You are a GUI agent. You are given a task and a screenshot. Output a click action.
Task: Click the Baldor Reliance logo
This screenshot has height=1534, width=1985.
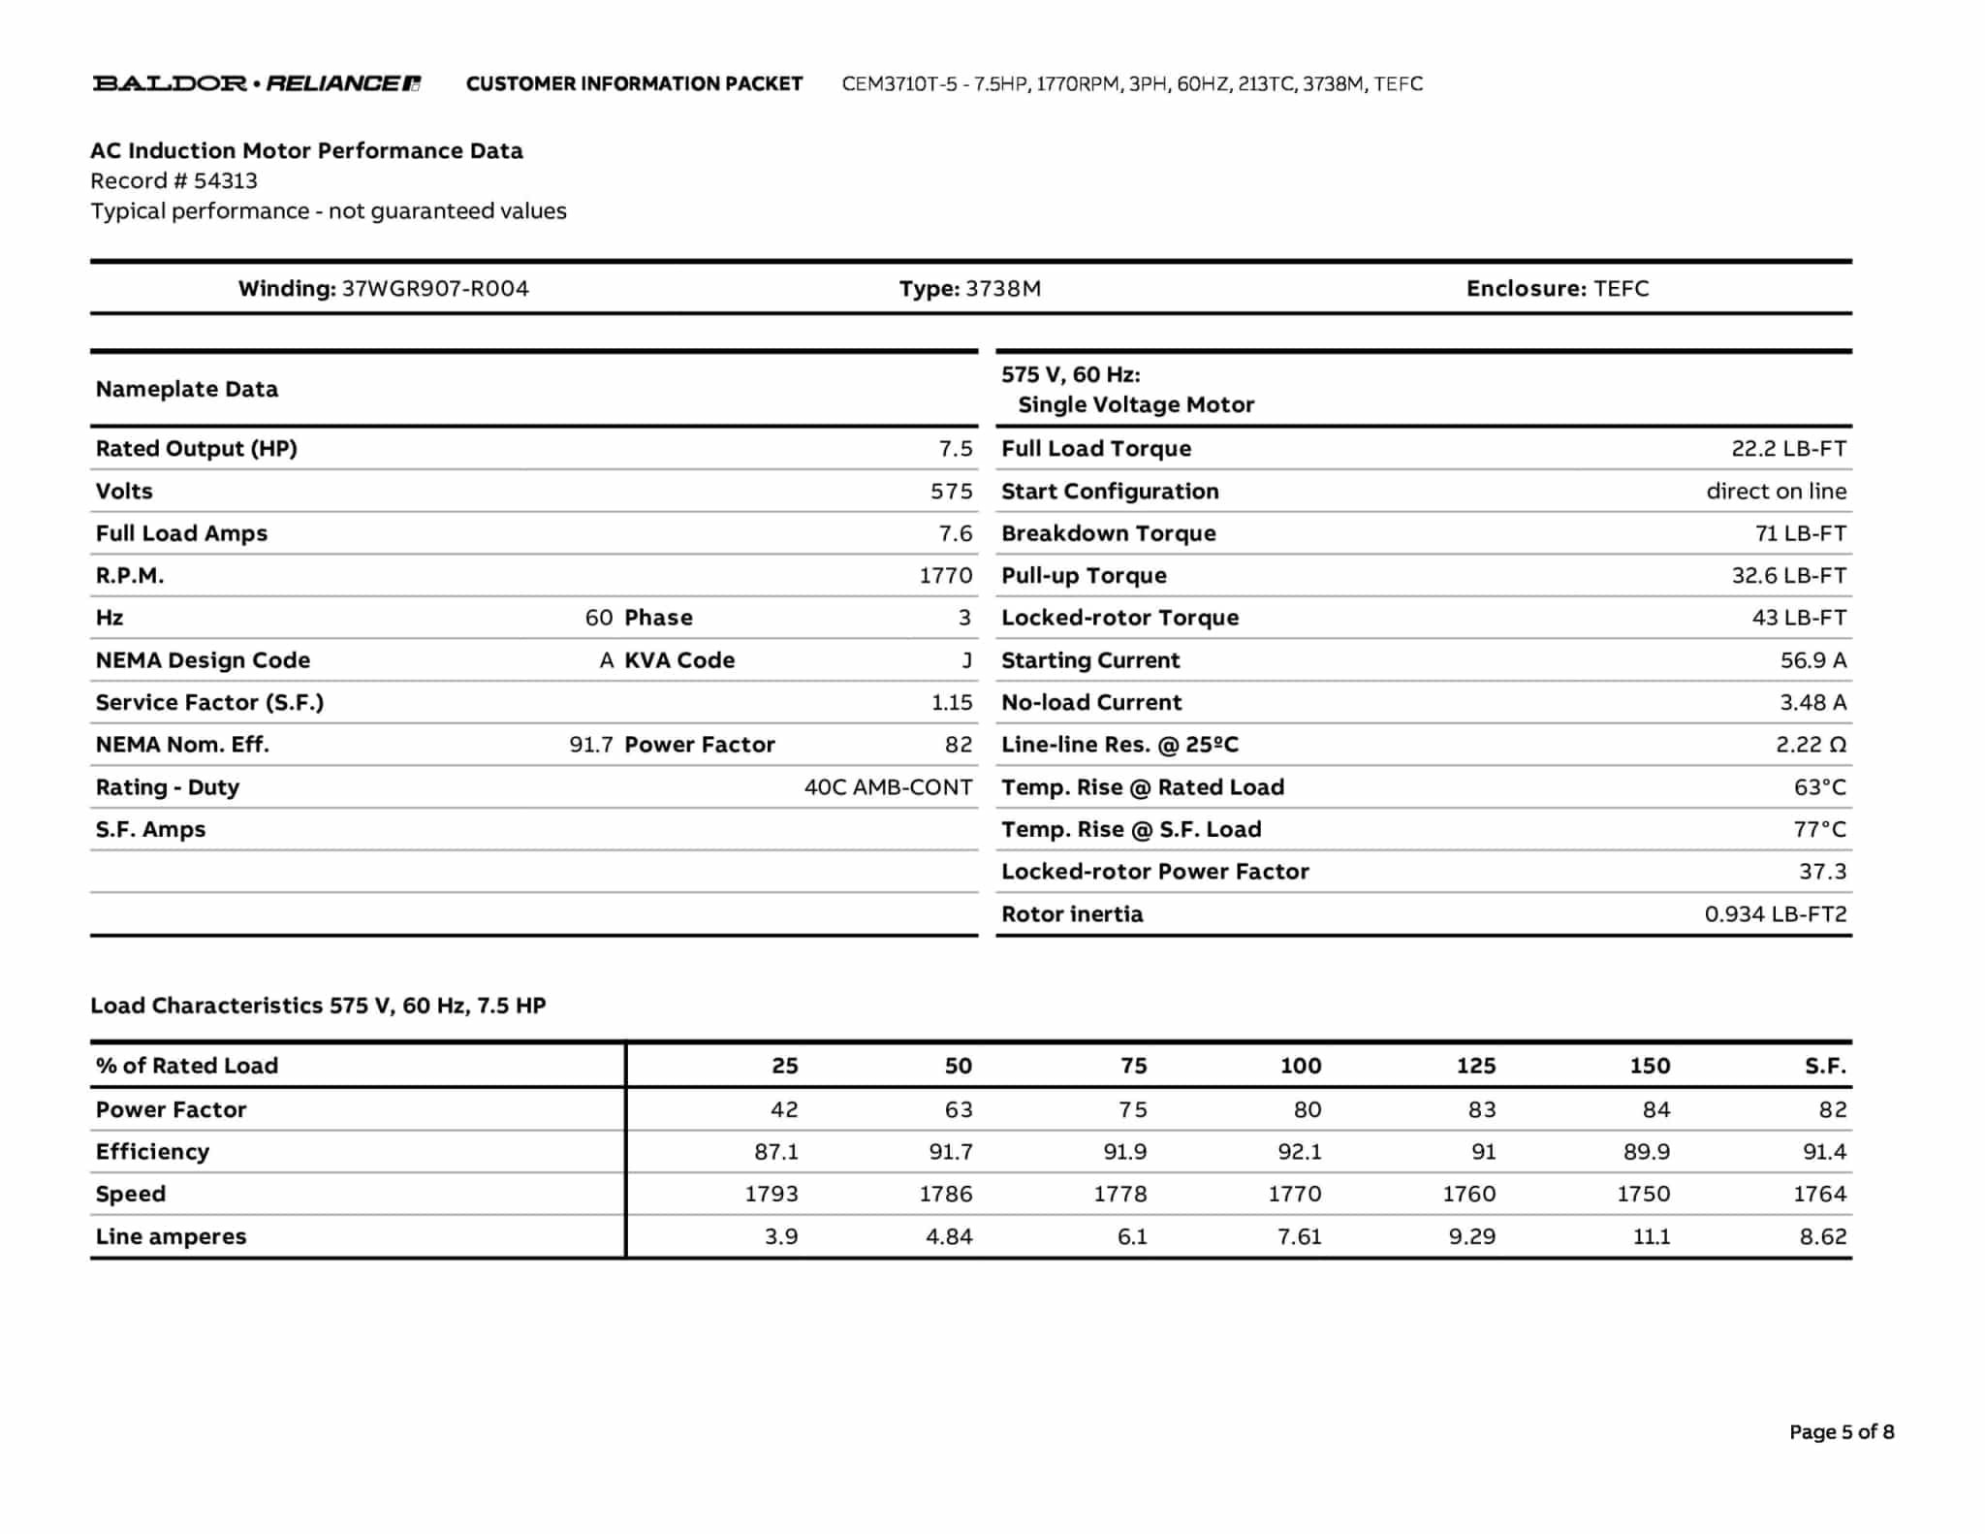click(x=257, y=83)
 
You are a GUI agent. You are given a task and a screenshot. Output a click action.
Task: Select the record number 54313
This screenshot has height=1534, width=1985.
click(x=225, y=181)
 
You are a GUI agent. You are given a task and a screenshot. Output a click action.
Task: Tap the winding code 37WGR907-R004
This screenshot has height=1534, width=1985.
click(x=435, y=289)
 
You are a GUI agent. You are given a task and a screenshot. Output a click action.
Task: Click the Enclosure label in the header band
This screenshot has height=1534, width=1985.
click(x=1526, y=289)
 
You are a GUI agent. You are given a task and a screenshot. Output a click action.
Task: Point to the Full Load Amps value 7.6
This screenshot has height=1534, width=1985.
click(x=955, y=533)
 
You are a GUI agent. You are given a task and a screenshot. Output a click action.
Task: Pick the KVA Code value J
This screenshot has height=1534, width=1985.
click(x=966, y=660)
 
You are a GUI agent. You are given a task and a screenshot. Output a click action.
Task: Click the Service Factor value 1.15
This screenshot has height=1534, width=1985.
click(x=952, y=702)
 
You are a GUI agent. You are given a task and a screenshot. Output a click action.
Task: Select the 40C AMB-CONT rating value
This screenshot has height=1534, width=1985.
click(x=888, y=787)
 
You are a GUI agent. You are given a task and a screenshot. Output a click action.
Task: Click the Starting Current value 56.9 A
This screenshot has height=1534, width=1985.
click(x=1812, y=660)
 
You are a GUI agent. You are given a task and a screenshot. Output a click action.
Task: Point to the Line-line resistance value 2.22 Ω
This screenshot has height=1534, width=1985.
click(x=1811, y=745)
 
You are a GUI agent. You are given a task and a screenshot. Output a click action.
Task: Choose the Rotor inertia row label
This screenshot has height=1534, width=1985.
click(x=1072, y=914)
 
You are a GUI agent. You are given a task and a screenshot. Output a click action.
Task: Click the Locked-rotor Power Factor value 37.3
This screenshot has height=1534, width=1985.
click(x=1822, y=872)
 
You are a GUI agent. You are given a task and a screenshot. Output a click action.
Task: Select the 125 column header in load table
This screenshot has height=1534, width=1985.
click(x=1475, y=1066)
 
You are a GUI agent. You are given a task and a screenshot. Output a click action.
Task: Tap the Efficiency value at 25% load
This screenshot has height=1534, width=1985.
click(x=776, y=1152)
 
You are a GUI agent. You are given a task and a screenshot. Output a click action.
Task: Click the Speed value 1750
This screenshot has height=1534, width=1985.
click(x=1643, y=1194)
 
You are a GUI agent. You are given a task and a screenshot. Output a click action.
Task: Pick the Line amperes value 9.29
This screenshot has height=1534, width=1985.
click(x=1471, y=1236)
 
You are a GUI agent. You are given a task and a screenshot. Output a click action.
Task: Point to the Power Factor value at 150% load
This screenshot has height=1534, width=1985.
click(x=1655, y=1109)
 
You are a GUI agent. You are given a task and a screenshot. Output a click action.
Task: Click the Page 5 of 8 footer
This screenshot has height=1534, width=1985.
click(x=1841, y=1432)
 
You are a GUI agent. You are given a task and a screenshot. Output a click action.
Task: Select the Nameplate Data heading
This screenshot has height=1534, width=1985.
click(x=187, y=390)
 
